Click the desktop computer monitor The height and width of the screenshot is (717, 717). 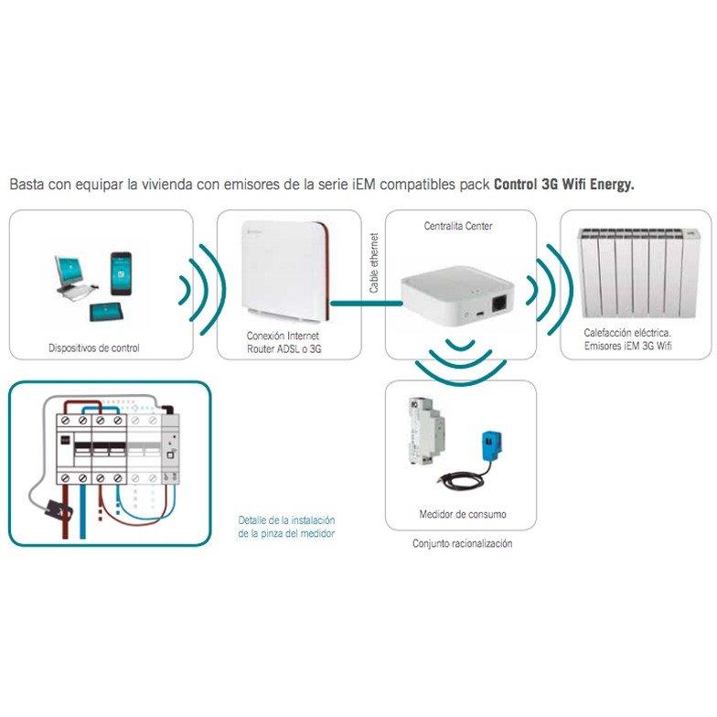pos(71,273)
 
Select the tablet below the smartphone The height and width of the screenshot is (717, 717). pos(108,310)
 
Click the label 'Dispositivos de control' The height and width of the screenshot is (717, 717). pos(94,348)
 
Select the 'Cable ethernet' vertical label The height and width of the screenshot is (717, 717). pos(373,264)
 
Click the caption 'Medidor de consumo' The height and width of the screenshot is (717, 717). pos(462,514)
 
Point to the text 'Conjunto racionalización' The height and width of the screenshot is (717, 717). pos(462,543)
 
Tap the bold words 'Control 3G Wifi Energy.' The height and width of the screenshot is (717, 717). pos(563,184)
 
